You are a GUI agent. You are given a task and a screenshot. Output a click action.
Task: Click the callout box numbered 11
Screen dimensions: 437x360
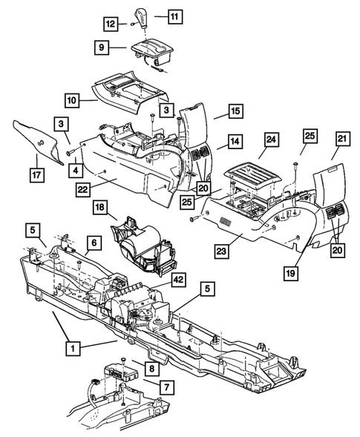[x=175, y=15]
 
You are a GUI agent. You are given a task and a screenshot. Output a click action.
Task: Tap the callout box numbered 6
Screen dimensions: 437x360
[x=95, y=243]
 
